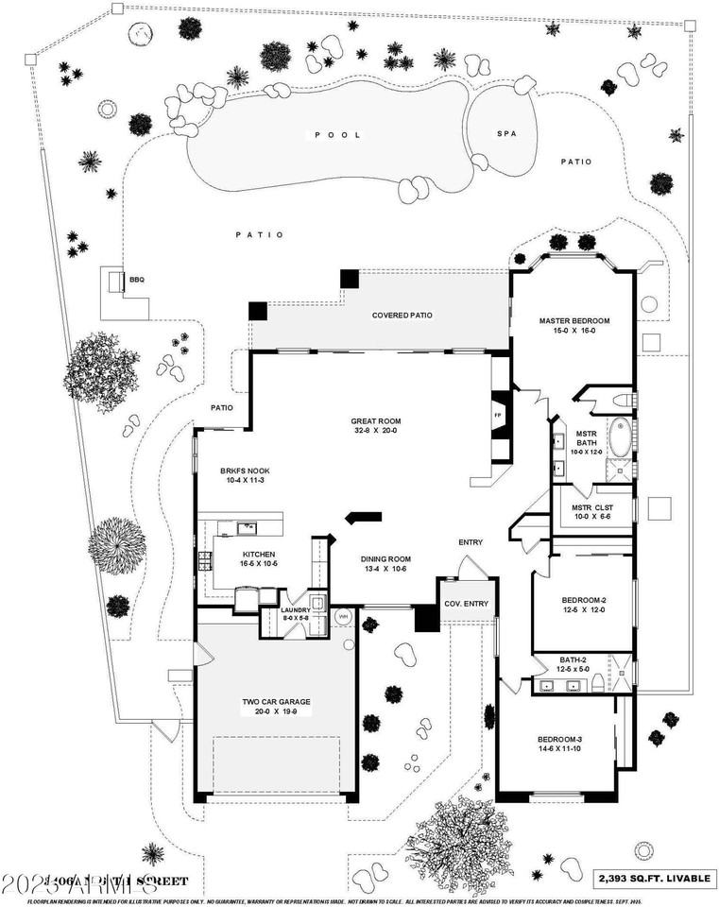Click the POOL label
[x=338, y=135]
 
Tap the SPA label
[x=505, y=133]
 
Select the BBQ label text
[x=137, y=280]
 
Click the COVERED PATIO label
[x=402, y=315]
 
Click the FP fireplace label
[x=497, y=415]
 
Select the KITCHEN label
[x=258, y=555]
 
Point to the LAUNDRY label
[x=295, y=610]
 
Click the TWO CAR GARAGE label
[x=276, y=702]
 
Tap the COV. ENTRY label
[x=467, y=605]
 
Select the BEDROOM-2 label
[x=583, y=600]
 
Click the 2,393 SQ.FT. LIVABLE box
[x=653, y=878]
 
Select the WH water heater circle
[x=343, y=616]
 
